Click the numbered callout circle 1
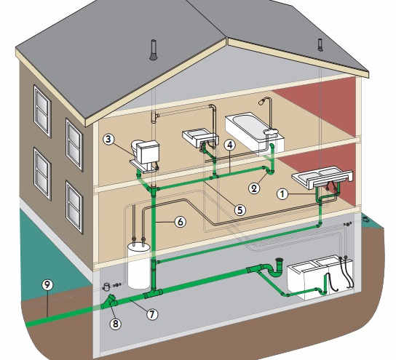282,194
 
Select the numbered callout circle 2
254,188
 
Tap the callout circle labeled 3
108,139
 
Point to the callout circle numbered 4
230,145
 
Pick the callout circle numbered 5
240,210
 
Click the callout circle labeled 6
181,222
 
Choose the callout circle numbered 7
152,314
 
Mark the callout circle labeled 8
116,324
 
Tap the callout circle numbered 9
47,285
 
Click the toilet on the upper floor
145,156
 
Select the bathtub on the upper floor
254,133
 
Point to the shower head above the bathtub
261,101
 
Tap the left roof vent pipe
154,50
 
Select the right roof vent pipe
320,44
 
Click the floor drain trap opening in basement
279,260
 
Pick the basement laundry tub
321,278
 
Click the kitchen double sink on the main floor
322,177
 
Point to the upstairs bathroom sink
200,137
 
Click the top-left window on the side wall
42,111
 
